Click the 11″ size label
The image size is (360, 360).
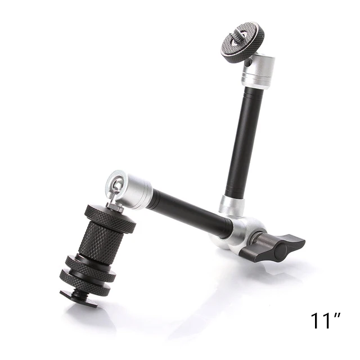[326, 320]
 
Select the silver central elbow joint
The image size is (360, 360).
[238, 232]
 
